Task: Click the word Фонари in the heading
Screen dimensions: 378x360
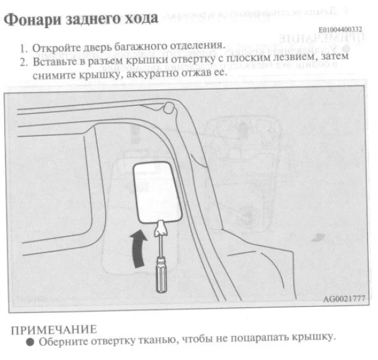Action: pyautogui.click(x=33, y=19)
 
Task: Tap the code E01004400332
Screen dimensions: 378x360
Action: pyautogui.click(x=340, y=30)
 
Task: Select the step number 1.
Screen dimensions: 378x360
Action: pyautogui.click(x=23, y=49)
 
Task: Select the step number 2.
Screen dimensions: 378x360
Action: pyautogui.click(x=23, y=63)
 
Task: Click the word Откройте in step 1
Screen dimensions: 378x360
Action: pyautogui.click(x=56, y=48)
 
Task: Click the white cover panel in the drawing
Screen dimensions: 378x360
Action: pyautogui.click(x=157, y=192)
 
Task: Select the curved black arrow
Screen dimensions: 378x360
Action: pyautogui.click(x=139, y=249)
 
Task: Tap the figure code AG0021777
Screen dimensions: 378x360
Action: pyautogui.click(x=344, y=299)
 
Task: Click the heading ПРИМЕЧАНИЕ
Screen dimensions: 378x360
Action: pyautogui.click(x=54, y=330)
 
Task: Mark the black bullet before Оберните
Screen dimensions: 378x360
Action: pyautogui.click(x=30, y=342)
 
